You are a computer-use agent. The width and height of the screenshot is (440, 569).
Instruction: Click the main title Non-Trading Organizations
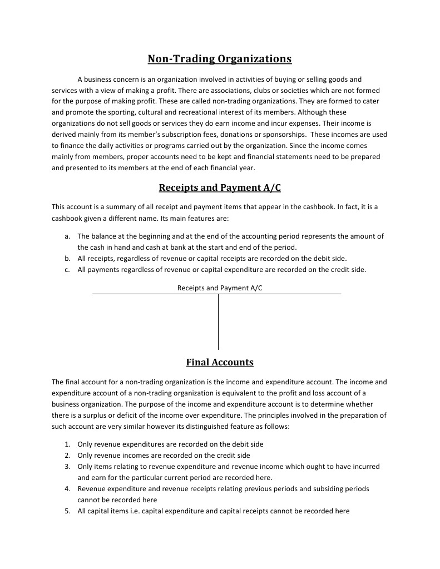coord(219,59)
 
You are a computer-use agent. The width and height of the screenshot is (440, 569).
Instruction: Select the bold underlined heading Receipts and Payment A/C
coord(220,187)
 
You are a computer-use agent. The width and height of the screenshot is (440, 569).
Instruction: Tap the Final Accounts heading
coord(220,363)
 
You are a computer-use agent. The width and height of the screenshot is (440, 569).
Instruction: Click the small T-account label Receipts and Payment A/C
coord(220,288)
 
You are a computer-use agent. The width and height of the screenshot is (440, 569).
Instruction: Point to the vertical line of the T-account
coord(218,323)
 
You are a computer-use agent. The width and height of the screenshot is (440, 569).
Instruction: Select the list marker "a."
coord(67,236)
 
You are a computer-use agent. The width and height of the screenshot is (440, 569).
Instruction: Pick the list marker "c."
coord(67,270)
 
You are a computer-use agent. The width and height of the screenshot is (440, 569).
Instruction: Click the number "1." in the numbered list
coord(67,444)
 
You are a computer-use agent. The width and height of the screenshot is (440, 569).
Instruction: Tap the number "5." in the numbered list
coord(67,511)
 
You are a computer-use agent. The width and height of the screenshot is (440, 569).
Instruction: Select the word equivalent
coord(224,393)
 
